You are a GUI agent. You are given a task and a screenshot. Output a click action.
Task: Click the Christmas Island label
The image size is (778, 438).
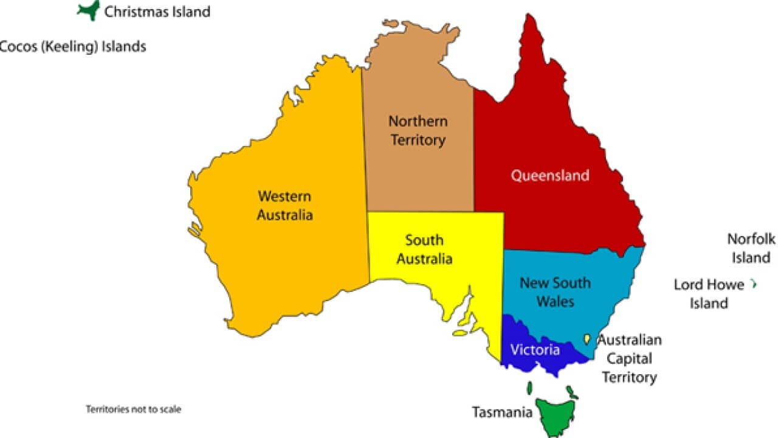pyautogui.click(x=157, y=12)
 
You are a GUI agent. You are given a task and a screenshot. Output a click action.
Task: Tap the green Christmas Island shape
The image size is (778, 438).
pyautogui.click(x=89, y=10)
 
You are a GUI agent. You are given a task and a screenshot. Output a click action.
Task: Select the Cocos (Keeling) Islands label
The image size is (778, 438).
pyautogui.click(x=72, y=46)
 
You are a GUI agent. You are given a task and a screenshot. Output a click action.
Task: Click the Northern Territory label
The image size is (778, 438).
pyautogui.click(x=418, y=130)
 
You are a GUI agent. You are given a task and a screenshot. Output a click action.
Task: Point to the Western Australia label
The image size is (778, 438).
pyautogui.click(x=284, y=206)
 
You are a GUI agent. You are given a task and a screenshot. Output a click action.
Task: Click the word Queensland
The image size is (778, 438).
pyautogui.click(x=549, y=176)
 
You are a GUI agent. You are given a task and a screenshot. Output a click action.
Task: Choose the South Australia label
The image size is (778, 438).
pyautogui.click(x=424, y=249)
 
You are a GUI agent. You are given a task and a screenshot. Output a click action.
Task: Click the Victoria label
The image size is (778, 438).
pyautogui.click(x=535, y=350)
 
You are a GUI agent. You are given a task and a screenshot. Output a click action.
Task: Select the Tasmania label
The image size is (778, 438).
pyautogui.click(x=502, y=412)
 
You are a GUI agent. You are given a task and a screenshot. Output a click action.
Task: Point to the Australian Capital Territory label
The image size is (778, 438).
pyautogui.click(x=630, y=358)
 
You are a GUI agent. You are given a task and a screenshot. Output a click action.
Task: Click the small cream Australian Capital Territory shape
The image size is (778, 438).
pyautogui.click(x=587, y=339)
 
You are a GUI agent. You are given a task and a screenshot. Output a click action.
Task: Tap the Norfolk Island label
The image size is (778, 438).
pyautogui.click(x=751, y=248)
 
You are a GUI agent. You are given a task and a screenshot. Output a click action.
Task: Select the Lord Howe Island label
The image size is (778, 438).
pyautogui.click(x=709, y=294)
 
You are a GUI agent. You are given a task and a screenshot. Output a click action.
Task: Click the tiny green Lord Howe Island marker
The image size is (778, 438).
pyautogui.click(x=754, y=283)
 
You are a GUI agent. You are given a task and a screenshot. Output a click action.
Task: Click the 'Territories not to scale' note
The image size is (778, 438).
pyautogui.click(x=134, y=409)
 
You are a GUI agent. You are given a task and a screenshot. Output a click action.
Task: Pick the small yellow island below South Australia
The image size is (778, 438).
pyautogui.click(x=460, y=333)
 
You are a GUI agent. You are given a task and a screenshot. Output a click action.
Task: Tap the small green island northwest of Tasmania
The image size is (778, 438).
pyautogui.click(x=530, y=388)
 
